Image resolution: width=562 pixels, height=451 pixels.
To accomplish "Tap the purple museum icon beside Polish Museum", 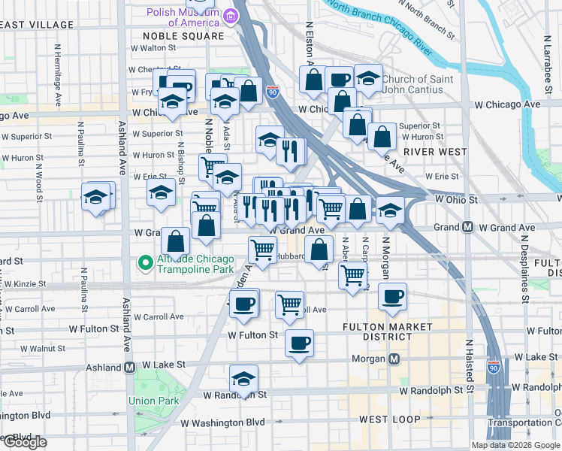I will [x=229, y=16].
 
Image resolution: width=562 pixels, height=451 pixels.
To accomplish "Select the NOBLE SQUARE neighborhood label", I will [x=188, y=35].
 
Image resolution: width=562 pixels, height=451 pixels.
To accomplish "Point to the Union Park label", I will [x=153, y=401].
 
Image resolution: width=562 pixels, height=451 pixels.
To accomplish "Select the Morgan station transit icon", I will [x=390, y=359].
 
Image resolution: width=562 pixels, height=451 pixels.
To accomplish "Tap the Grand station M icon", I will [x=467, y=227].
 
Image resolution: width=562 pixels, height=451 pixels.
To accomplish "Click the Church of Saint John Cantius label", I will [x=416, y=86].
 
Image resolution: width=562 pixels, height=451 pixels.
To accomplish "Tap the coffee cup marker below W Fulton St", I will [x=300, y=344].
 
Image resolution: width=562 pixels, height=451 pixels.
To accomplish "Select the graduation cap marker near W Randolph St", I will [x=243, y=380].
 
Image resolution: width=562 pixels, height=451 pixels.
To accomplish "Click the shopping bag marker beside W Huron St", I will [x=382, y=137].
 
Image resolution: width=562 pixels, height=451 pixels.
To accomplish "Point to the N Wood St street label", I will [x=37, y=178].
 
